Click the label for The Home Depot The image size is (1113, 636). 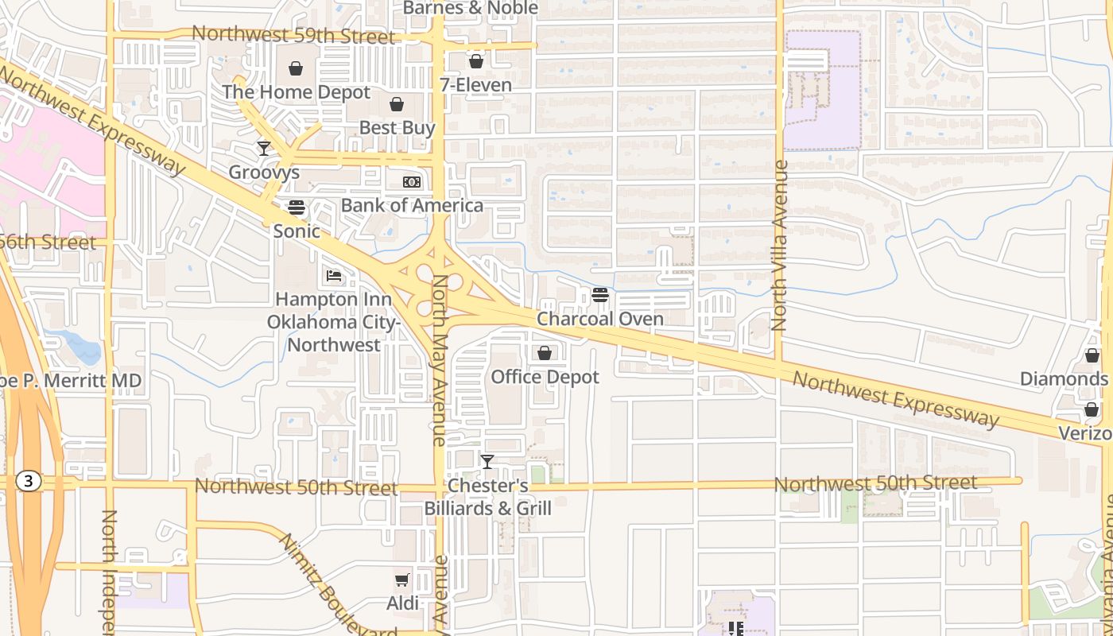pos(296,92)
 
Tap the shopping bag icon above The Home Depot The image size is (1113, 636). pos(296,68)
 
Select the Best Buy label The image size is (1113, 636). pos(397,128)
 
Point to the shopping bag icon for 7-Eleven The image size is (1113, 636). pos(475,61)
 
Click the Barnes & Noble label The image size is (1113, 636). pos(471,8)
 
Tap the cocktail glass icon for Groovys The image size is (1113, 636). pos(264,148)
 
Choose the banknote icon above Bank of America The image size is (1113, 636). pos(411,182)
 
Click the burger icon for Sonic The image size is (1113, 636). pos(297,207)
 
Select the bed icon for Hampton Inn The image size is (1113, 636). pos(334,277)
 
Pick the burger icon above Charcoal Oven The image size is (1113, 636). pos(600,296)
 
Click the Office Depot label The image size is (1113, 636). pos(545,377)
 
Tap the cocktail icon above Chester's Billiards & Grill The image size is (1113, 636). pos(487,461)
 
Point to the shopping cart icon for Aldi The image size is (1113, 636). pos(402,580)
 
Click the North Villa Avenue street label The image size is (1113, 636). pos(779,246)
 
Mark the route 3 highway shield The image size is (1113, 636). pos(29,481)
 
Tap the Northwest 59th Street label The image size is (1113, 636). pos(293,36)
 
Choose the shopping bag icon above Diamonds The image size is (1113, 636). pos(1092,355)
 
